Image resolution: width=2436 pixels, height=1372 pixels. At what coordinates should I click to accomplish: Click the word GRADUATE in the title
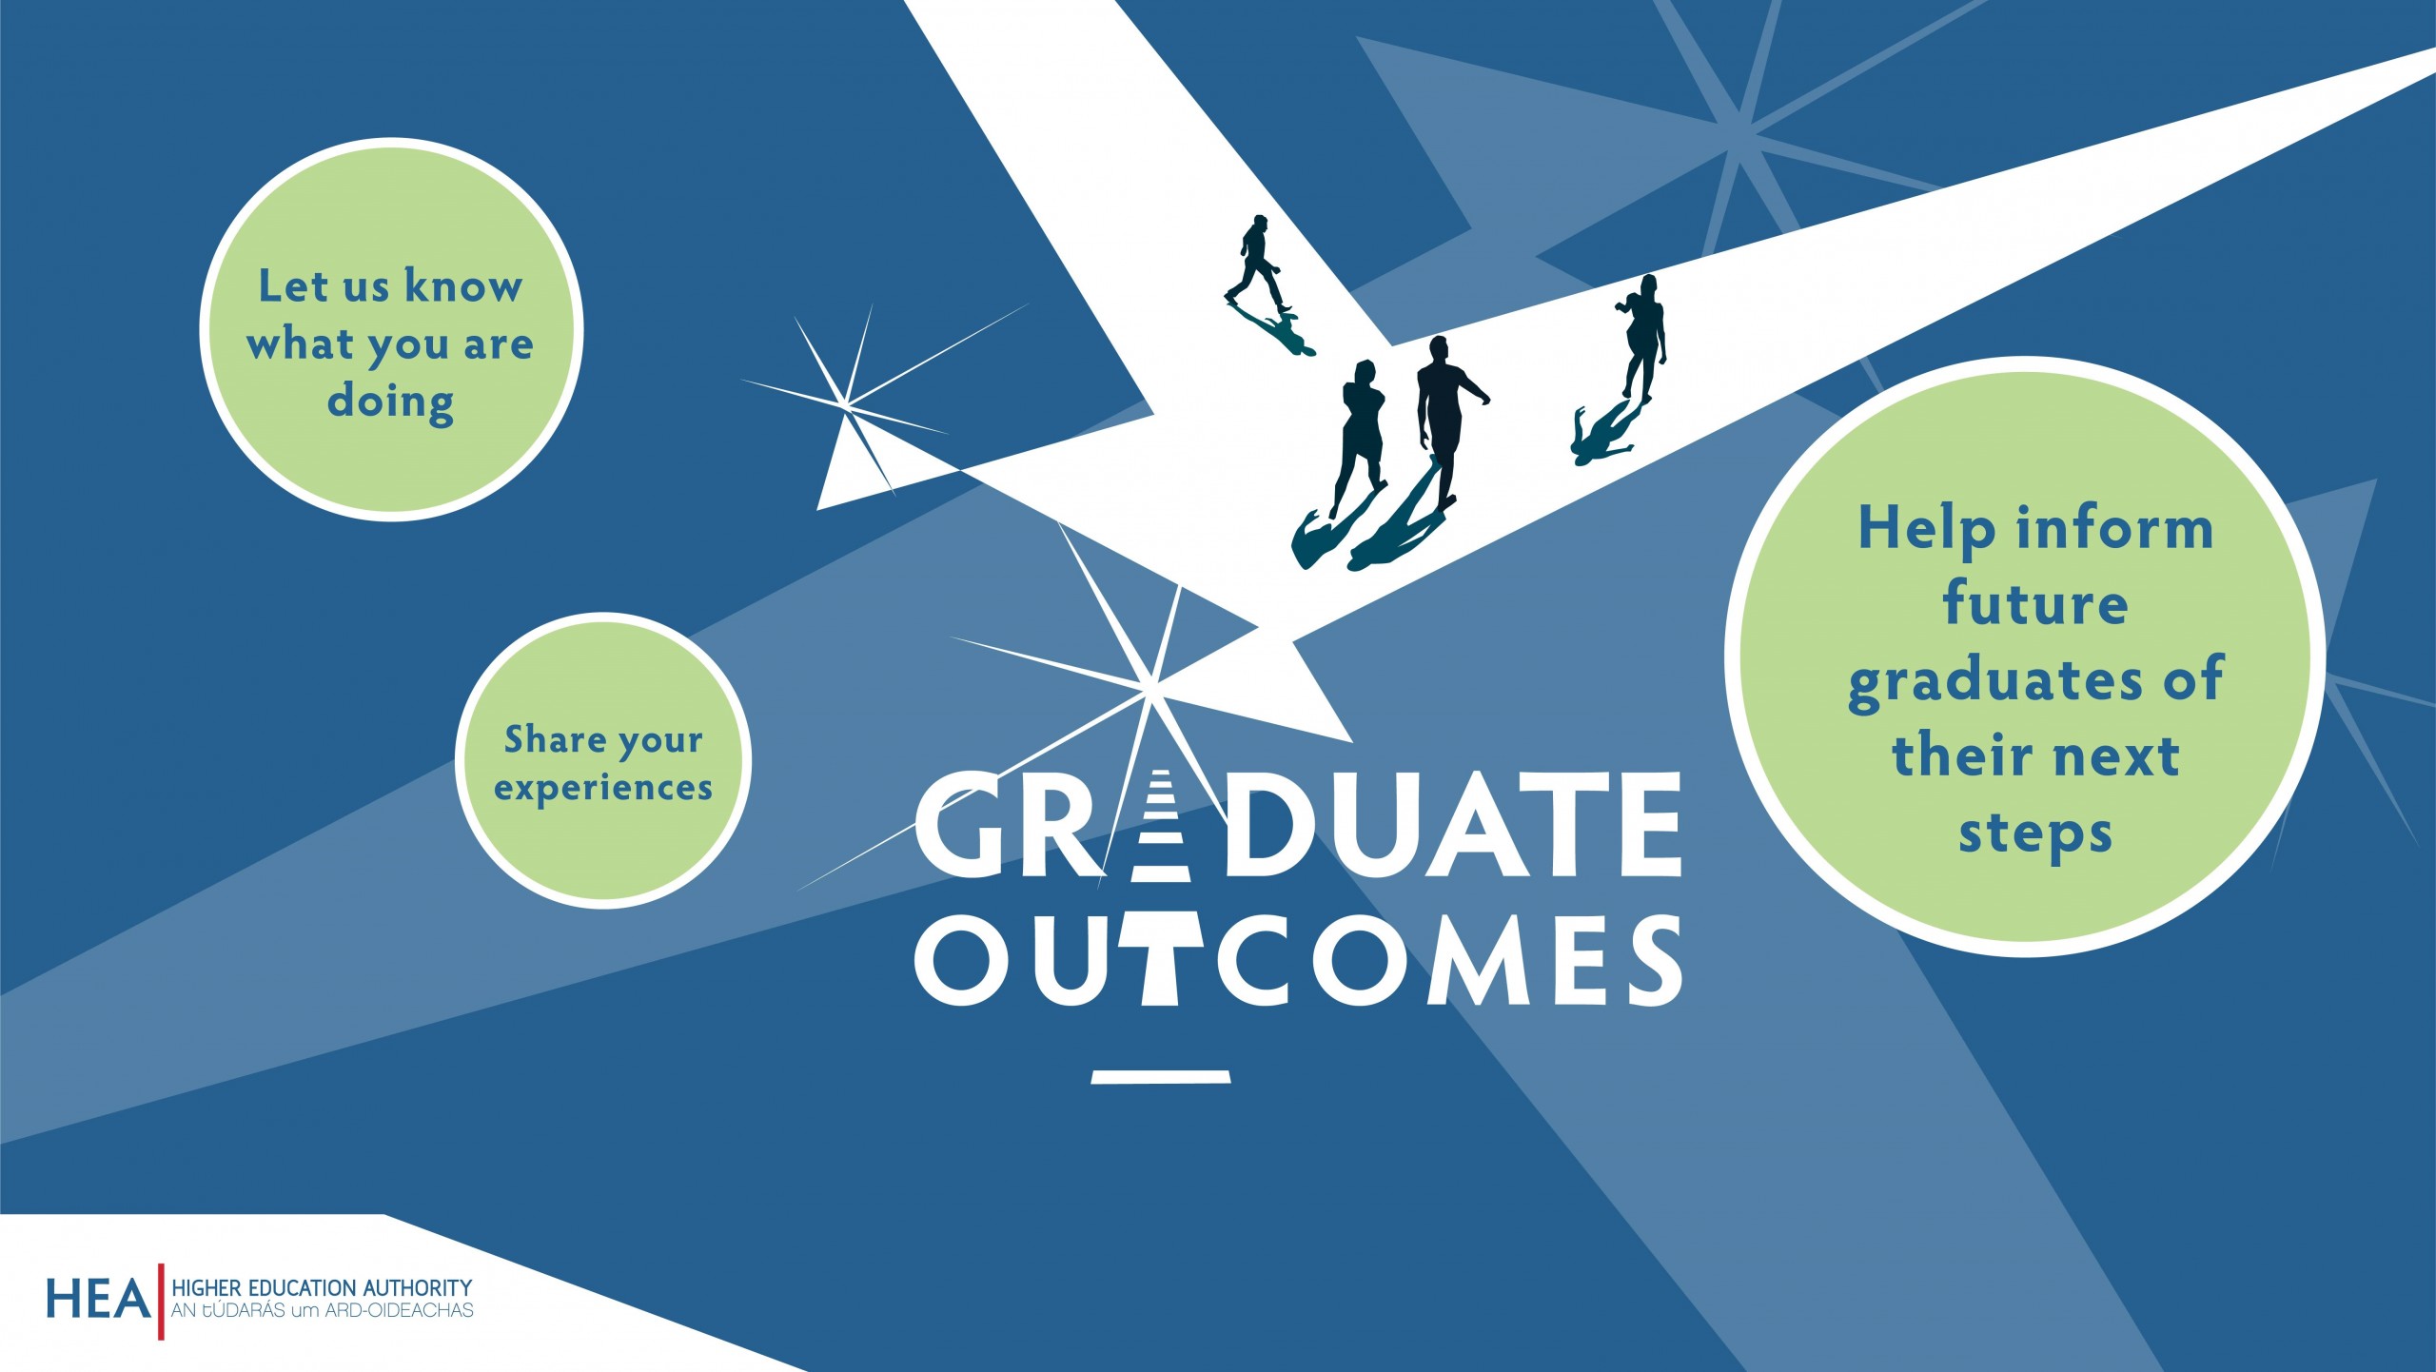(1298, 824)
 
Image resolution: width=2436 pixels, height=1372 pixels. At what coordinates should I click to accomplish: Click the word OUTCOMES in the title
(1298, 960)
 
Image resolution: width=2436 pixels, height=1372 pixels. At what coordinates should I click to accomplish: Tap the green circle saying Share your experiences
(603, 761)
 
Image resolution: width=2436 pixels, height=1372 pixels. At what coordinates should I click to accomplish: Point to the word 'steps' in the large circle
(2035, 834)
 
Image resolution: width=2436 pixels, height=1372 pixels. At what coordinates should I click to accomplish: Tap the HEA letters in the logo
(99, 1300)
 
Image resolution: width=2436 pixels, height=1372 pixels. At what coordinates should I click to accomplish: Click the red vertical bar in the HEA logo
(161, 1302)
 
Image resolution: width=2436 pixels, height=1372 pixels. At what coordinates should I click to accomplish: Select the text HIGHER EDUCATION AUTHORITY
(322, 1288)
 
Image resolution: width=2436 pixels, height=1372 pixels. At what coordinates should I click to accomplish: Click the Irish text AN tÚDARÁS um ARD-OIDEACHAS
(322, 1311)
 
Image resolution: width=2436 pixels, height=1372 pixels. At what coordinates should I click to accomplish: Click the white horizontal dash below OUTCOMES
(1161, 1077)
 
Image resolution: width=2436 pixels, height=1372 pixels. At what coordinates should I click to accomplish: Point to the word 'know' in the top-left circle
(463, 285)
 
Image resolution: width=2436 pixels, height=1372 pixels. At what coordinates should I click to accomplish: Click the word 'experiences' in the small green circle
(603, 788)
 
